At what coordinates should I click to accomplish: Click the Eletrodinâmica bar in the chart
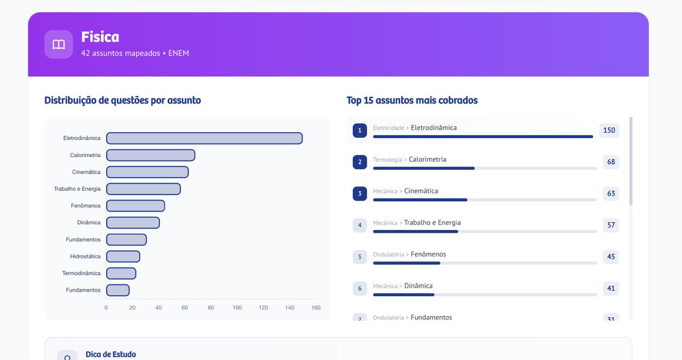(x=204, y=138)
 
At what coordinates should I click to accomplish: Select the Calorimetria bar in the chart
(x=150, y=156)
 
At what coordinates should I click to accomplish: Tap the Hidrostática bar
(x=123, y=257)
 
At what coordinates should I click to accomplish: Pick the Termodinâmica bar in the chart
(x=121, y=273)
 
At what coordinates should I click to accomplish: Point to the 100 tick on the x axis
(x=237, y=308)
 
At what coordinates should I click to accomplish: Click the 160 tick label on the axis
(x=315, y=308)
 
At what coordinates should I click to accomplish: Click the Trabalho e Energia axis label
(x=77, y=189)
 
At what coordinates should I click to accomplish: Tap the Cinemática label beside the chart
(x=86, y=172)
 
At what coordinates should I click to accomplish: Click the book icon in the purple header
(x=59, y=45)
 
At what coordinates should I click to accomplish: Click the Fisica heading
(x=100, y=37)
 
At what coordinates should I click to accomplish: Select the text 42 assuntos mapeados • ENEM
(x=135, y=53)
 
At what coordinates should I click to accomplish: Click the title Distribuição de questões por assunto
(x=123, y=100)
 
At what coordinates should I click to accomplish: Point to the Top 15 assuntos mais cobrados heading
(x=412, y=100)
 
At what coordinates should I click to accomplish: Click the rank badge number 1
(x=360, y=130)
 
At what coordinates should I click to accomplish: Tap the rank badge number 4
(x=360, y=225)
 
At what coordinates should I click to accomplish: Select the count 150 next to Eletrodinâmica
(x=609, y=130)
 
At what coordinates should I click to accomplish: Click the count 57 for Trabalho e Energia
(x=611, y=225)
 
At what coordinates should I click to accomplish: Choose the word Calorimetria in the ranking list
(x=427, y=159)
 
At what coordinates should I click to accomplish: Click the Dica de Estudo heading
(x=111, y=354)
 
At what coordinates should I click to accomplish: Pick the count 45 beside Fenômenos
(x=611, y=257)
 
